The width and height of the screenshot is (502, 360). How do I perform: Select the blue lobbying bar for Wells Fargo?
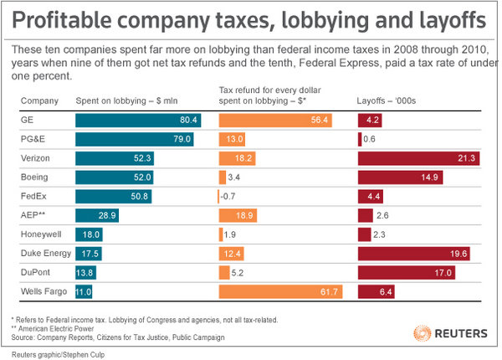[x=84, y=291]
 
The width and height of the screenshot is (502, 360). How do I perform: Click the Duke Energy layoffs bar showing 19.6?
[x=414, y=254]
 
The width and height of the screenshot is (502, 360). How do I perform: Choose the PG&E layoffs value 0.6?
[x=369, y=139]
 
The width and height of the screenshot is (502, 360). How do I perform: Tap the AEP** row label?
[x=35, y=215]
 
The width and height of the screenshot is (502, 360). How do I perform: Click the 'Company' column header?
[x=38, y=101]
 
